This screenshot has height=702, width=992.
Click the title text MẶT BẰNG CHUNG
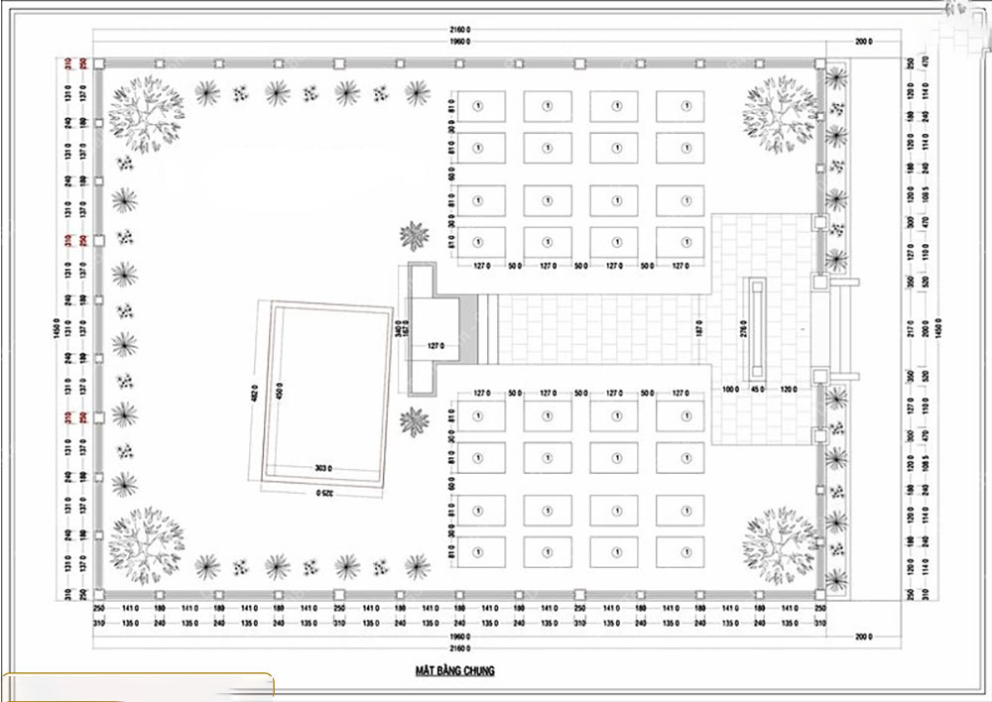454,671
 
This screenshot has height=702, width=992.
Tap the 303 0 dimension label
322,466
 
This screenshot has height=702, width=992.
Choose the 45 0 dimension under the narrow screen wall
759,388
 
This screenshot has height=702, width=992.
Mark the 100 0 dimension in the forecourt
732,388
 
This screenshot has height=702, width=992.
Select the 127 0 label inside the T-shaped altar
434,346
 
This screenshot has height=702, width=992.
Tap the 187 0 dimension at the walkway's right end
700,328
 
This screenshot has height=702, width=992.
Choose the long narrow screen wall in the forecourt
759,328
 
